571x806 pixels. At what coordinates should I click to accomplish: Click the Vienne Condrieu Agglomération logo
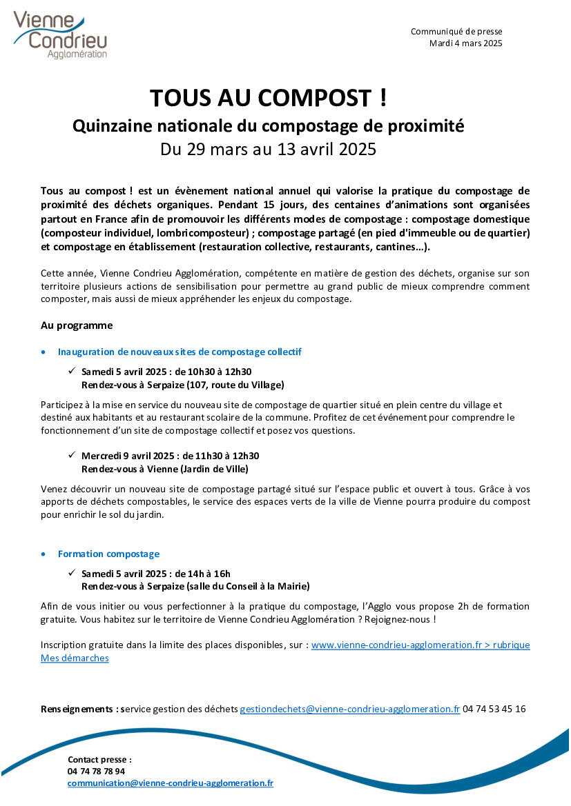[x=60, y=34]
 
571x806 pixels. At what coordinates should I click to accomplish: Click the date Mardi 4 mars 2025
[x=465, y=43]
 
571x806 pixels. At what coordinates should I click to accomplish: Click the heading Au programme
[x=77, y=325]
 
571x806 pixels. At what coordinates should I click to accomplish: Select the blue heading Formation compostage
[x=108, y=554]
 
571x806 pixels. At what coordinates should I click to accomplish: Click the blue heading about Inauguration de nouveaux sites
[x=180, y=352]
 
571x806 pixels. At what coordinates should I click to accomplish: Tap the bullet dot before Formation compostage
[x=45, y=554]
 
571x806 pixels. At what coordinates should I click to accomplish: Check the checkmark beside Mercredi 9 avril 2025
[x=72, y=455]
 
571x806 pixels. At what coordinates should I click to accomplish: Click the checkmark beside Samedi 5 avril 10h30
[x=72, y=371]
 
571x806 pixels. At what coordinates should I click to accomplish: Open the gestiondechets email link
[x=349, y=709]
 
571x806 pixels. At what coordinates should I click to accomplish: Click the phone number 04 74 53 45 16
[x=494, y=709]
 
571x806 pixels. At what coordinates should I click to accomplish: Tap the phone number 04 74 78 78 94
[x=97, y=772]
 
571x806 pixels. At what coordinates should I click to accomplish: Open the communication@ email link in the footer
[x=171, y=783]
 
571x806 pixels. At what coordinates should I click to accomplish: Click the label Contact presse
[x=99, y=760]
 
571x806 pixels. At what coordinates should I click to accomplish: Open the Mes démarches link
[x=75, y=658]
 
